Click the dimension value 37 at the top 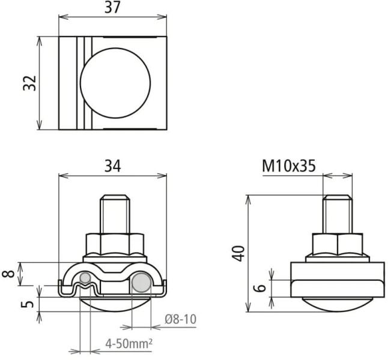click(x=112, y=8)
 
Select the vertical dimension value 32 click(x=30, y=83)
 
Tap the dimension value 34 click(x=112, y=166)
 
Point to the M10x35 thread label click(x=288, y=166)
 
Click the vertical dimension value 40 click(x=239, y=253)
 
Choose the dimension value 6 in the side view click(x=259, y=288)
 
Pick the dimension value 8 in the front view click(x=10, y=275)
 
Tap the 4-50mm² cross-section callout click(x=128, y=345)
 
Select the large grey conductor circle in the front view click(x=142, y=282)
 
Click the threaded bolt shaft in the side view click(x=337, y=213)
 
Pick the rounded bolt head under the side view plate click(x=337, y=303)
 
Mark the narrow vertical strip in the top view click(x=80, y=83)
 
